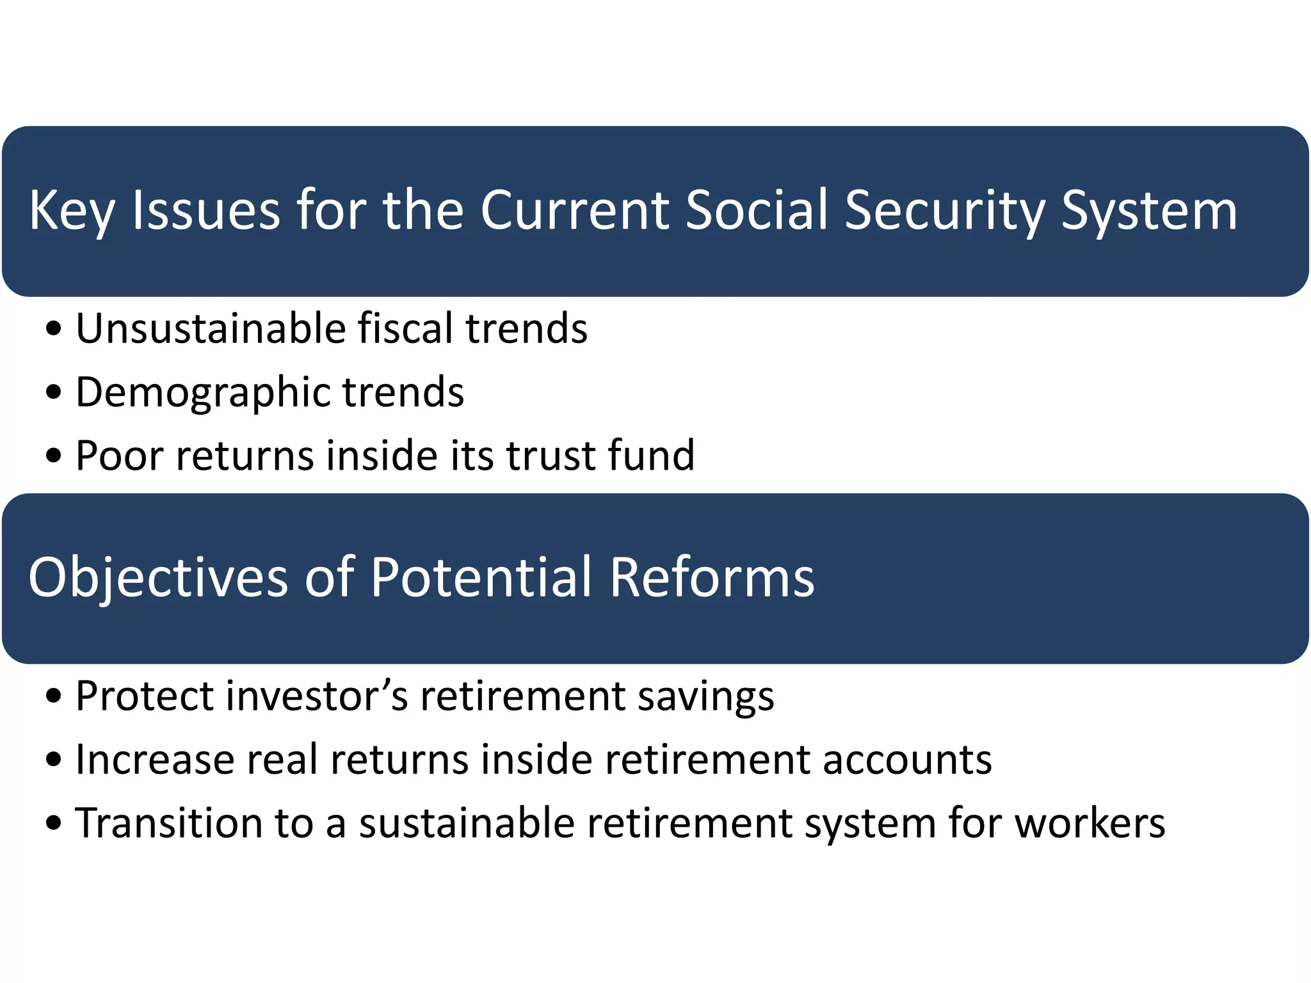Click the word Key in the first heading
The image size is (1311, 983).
72,211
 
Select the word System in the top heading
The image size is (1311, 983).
1149,211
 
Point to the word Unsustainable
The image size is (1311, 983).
211,328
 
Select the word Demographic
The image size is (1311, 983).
202,392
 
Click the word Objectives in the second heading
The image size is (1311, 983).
158,577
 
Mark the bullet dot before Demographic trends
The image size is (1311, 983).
54,392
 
